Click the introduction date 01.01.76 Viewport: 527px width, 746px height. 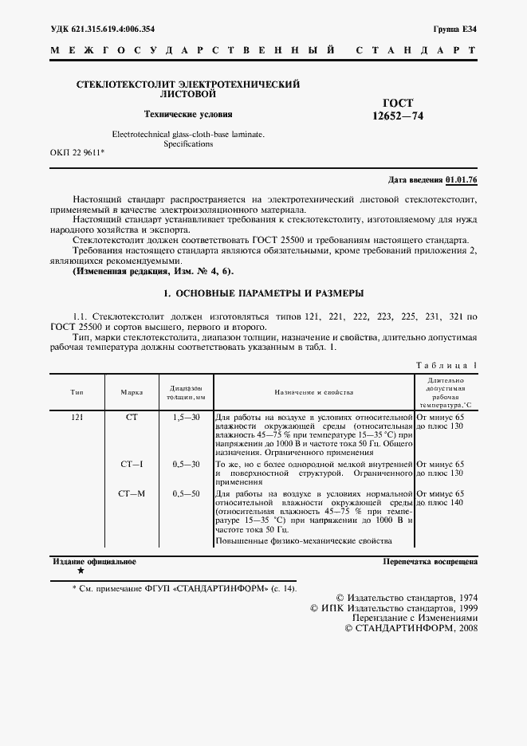coord(462,180)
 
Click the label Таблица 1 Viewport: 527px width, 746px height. coord(446,365)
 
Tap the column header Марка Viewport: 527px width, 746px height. coord(132,393)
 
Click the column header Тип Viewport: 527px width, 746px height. coord(77,393)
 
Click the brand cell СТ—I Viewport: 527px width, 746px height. coord(132,464)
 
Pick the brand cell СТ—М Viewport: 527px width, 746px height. coord(132,495)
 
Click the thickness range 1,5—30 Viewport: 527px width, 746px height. coord(187,418)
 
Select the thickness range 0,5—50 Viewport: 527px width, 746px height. coord(187,495)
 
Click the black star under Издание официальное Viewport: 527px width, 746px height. coord(81,571)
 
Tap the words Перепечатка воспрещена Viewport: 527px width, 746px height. coord(430,562)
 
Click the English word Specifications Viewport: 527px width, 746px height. coord(188,144)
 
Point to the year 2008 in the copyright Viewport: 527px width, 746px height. coord(464,628)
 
